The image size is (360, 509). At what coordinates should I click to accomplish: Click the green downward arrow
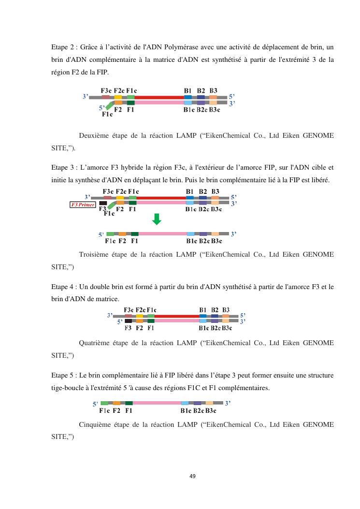[x=157, y=220]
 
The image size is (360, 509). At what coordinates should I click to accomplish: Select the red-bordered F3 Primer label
[x=83, y=204]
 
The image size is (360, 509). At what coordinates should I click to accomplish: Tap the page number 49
[x=192, y=476]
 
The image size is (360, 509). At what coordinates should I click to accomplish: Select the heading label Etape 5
[x=63, y=375]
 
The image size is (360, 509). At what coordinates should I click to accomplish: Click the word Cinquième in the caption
[x=97, y=424]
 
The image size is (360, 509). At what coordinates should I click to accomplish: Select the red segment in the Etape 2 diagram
[x=159, y=97]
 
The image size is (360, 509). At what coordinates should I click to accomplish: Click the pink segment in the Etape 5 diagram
[x=157, y=403]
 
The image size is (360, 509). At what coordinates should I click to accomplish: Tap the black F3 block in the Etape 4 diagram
[x=128, y=320]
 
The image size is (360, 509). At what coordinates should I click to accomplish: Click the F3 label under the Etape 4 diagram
[x=128, y=328]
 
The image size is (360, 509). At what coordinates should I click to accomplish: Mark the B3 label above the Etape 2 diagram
[x=213, y=90]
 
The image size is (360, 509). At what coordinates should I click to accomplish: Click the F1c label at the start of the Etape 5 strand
[x=104, y=411]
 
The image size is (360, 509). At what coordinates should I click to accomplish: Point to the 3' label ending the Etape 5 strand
[x=228, y=402]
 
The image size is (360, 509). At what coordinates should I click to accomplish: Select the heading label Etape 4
[x=63, y=287]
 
